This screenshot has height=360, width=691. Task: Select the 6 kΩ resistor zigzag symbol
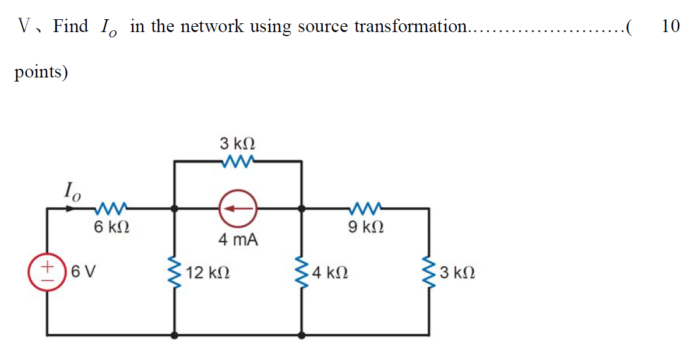pyautogui.click(x=111, y=207)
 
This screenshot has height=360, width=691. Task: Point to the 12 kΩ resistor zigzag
pyautogui.click(x=174, y=271)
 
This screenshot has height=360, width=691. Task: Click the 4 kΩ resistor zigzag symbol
pyautogui.click(x=301, y=271)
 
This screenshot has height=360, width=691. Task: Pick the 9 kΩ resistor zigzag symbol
pyautogui.click(x=365, y=207)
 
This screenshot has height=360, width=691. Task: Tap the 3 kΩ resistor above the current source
pyautogui.click(x=237, y=160)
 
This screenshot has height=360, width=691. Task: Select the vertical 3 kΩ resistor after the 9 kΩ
pyautogui.click(x=430, y=271)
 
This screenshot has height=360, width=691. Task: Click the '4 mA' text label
pyautogui.click(x=238, y=239)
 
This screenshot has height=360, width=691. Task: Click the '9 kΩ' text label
pyautogui.click(x=365, y=227)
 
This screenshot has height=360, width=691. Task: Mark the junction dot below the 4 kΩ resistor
pyautogui.click(x=301, y=335)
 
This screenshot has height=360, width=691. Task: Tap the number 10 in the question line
pyautogui.click(x=671, y=26)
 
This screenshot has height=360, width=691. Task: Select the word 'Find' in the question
pyautogui.click(x=70, y=26)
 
